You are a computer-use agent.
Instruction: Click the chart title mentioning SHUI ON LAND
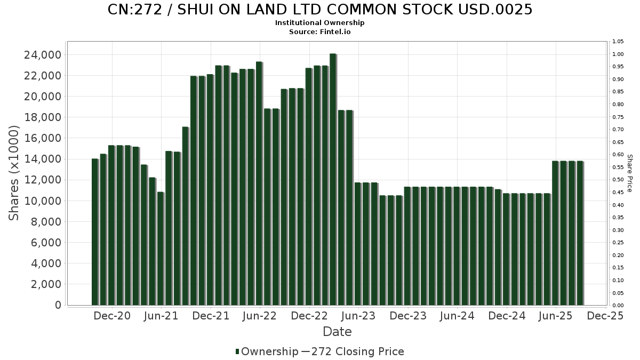click(x=320, y=10)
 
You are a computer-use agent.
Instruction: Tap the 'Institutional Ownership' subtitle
click(x=320, y=23)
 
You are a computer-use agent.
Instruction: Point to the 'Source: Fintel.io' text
click(x=320, y=31)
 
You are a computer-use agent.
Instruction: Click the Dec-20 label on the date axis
click(x=112, y=316)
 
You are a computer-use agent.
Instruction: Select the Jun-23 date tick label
click(x=358, y=316)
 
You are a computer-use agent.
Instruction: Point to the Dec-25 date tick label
click(x=605, y=316)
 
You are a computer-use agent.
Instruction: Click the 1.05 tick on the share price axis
click(x=618, y=42)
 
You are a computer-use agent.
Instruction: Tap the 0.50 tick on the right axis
click(x=618, y=180)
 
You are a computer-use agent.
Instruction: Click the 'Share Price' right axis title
click(x=629, y=173)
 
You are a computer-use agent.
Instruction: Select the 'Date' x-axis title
click(x=337, y=332)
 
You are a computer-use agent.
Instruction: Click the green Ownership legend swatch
click(x=237, y=351)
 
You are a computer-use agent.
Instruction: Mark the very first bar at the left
click(x=95, y=232)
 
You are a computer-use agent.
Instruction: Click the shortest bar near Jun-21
click(x=161, y=249)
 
